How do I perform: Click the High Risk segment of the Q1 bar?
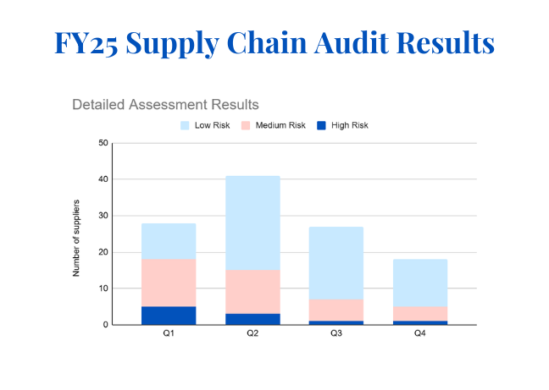pos(169,316)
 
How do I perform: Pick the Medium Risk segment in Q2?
pos(252,292)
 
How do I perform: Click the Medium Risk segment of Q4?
pos(419,313)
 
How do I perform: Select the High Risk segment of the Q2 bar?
pos(252,319)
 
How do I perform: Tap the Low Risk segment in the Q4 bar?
pos(419,283)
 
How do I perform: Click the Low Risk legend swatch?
pos(186,125)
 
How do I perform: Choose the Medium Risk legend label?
pos(280,125)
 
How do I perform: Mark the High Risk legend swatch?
pos(322,125)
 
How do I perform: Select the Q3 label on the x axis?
pos(335,334)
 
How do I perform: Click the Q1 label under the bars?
pos(169,334)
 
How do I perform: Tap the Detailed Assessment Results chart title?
pos(165,105)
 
